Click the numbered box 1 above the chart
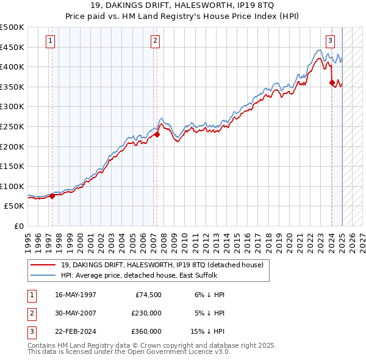50,41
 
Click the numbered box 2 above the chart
156,41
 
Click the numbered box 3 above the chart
330,41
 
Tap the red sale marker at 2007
157,135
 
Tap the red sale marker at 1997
52,196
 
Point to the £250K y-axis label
12,126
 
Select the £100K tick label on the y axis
12,186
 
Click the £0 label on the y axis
18,226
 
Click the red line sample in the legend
43,265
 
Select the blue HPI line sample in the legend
43,275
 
